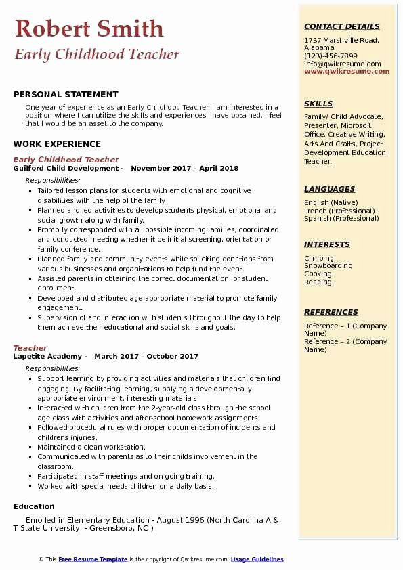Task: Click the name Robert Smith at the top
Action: pyautogui.click(x=89, y=28)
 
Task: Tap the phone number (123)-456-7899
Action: pyautogui.click(x=331, y=56)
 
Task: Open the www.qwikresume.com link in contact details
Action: pyautogui.click(x=347, y=71)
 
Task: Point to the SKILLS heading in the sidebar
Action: pyautogui.click(x=318, y=104)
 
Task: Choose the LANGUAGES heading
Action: pyautogui.click(x=330, y=189)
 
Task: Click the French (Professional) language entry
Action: pyautogui.click(x=338, y=211)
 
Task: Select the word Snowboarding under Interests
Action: pyautogui.click(x=328, y=266)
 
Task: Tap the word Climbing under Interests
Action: pyautogui.click(x=319, y=258)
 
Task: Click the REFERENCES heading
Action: pyautogui.click(x=331, y=312)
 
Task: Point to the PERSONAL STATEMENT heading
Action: pyautogui.click(x=66, y=95)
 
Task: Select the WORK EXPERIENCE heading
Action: pyautogui.click(x=57, y=144)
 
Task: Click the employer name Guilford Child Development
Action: pyautogui.click(x=66, y=168)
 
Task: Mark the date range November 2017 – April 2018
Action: pyautogui.click(x=184, y=168)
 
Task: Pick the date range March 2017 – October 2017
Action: pyautogui.click(x=146, y=356)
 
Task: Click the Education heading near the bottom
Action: pyautogui.click(x=34, y=506)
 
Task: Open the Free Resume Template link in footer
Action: pyautogui.click(x=93, y=559)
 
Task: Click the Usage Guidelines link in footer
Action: pyautogui.click(x=257, y=559)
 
